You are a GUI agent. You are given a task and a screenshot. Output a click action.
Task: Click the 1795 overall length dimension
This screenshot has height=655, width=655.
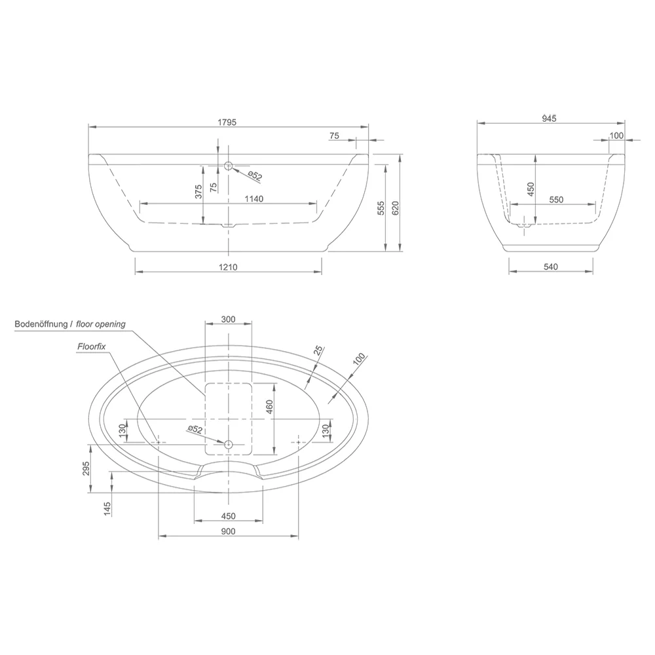pos(227,122)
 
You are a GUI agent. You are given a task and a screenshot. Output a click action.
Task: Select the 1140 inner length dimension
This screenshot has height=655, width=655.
pos(254,199)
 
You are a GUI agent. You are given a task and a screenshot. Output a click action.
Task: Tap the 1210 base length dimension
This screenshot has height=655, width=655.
pos(228,267)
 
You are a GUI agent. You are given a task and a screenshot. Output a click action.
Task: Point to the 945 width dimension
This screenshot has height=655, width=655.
pos(549,119)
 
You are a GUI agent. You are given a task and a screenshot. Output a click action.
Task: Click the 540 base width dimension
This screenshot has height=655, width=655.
pos(551,267)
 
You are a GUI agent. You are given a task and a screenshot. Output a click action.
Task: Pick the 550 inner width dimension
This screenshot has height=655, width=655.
pos(556,200)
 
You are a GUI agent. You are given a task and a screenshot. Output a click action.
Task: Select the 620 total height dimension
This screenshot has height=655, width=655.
pos(396,208)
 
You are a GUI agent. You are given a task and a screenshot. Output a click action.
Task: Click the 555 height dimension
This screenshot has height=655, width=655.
pos(381,208)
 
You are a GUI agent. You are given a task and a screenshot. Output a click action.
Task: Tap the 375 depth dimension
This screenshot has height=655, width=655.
pos(199,192)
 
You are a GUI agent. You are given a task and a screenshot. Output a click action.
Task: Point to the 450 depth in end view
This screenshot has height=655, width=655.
pos(531,189)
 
